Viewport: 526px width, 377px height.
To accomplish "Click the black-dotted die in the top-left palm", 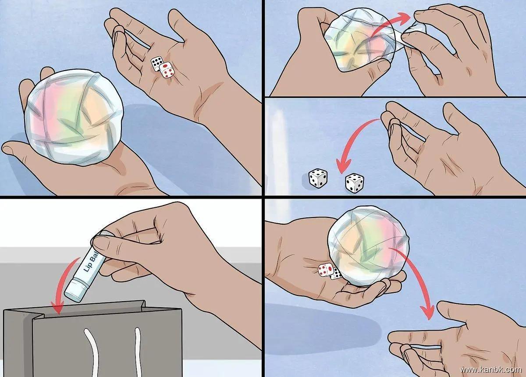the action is tap(156, 63).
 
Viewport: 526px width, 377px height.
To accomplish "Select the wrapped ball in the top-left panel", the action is tap(74, 117).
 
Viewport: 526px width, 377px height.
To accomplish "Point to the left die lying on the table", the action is tap(317, 178).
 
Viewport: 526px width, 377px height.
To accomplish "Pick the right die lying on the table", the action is tap(355, 183).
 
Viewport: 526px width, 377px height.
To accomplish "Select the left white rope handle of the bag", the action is tap(92, 352).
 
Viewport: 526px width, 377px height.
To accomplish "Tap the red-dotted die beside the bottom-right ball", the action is tap(325, 270).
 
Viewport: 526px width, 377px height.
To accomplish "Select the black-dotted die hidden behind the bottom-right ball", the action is tap(336, 274).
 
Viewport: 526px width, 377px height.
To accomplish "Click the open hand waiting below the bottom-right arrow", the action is tap(458, 341).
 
